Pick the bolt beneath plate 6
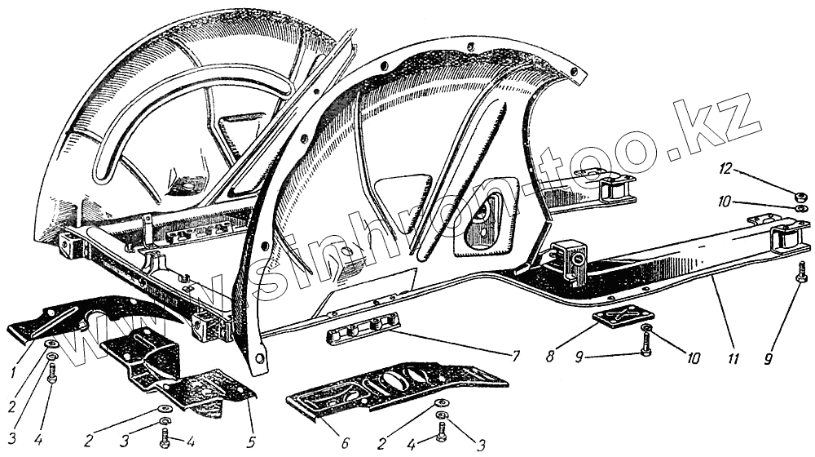coord(442,430)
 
